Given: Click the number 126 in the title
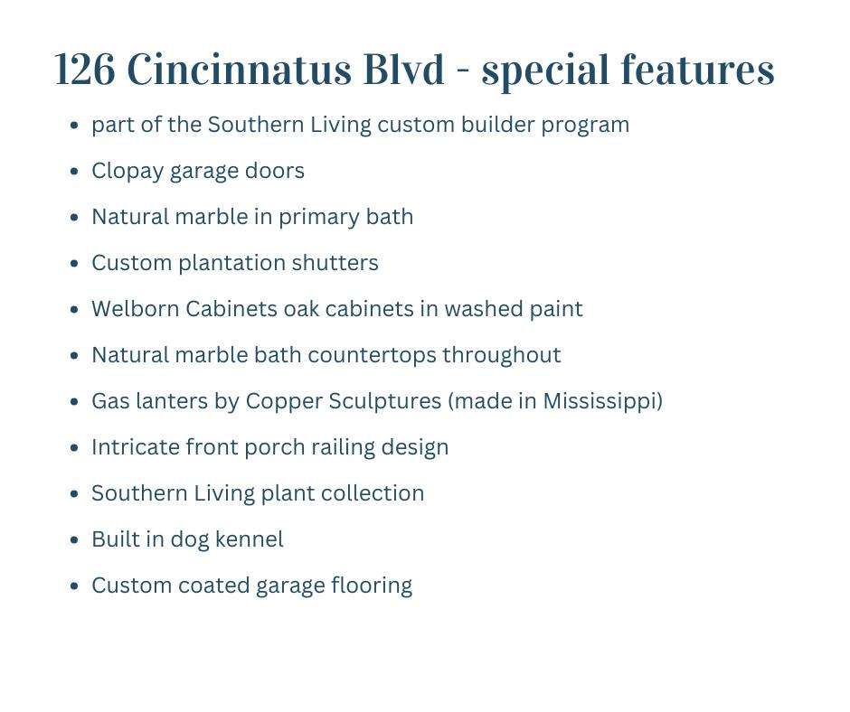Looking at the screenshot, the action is click(85, 70).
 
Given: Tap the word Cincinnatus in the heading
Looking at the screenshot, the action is click(239, 69).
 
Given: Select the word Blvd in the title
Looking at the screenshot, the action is click(404, 69).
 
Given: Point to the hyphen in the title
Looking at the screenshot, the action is click(463, 71).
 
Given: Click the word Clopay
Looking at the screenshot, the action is click(127, 172).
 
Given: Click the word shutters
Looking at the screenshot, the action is click(335, 263).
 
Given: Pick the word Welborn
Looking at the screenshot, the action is click(135, 309).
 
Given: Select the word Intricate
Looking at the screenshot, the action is click(136, 447).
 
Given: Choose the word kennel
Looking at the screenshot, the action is click(250, 539).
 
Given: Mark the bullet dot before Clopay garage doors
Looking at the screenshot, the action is click(75, 172).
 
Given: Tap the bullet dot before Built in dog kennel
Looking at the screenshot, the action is click(75, 540).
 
